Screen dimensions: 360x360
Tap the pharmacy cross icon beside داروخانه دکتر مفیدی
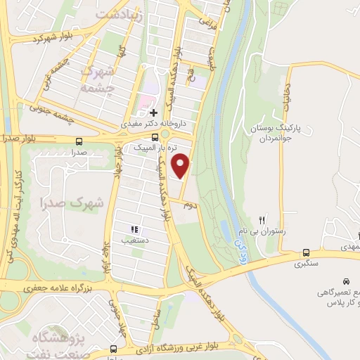pos(154,112)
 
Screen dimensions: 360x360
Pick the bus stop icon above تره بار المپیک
pos(155,136)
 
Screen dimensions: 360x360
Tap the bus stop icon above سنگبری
pos(306,252)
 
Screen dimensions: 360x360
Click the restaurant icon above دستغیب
pos(134,229)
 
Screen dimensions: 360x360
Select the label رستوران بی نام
pos(262,231)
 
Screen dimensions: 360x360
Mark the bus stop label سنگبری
pos(306,264)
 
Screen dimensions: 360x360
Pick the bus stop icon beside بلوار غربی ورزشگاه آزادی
pos(113,349)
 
